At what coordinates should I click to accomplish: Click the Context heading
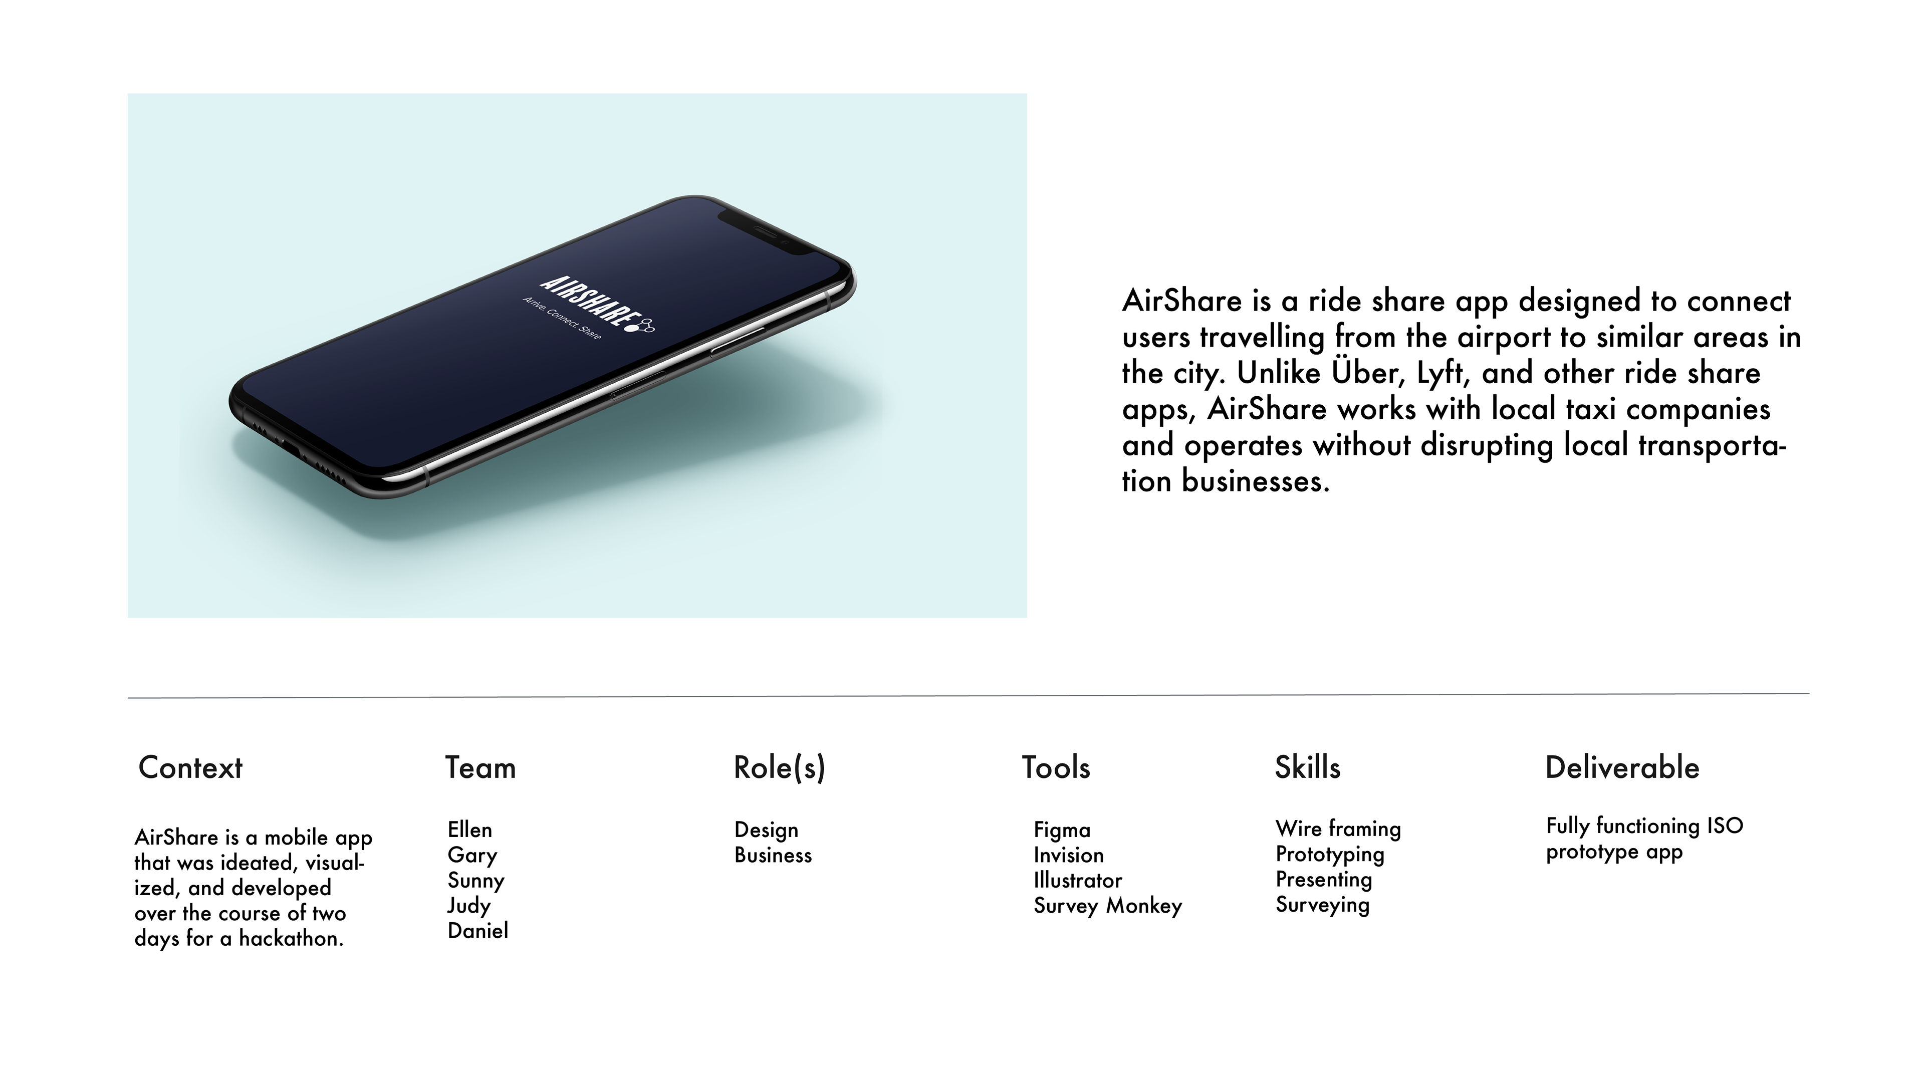[190, 767]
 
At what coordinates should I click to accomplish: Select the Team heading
[480, 767]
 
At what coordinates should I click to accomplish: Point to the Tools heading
[1056, 767]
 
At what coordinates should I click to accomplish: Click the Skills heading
[1308, 767]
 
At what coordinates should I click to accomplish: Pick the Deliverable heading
[1622, 767]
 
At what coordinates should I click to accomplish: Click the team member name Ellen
[470, 830]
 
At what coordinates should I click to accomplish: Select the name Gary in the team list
[472, 856]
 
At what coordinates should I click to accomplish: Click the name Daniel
[478, 930]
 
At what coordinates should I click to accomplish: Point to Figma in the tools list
[1062, 830]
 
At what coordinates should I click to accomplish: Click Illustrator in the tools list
[1077, 880]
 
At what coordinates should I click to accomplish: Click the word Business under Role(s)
[773, 855]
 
